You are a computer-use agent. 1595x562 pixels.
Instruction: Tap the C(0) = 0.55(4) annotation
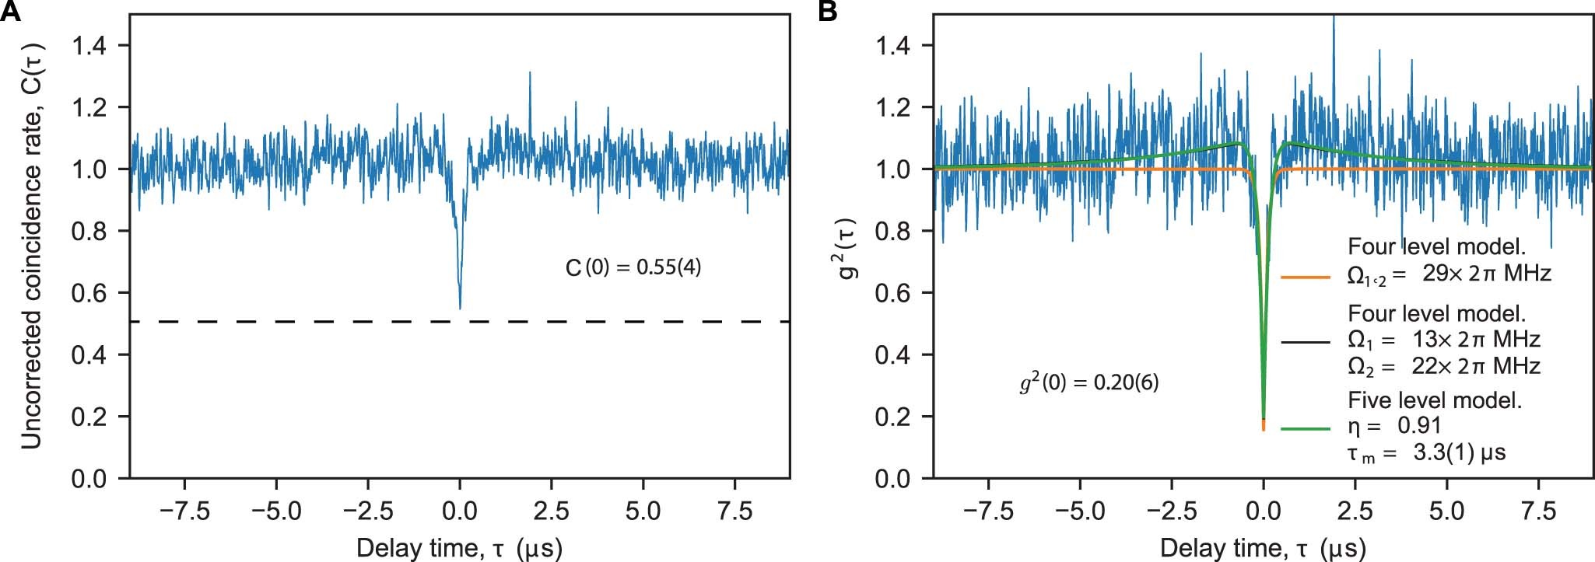[x=633, y=268]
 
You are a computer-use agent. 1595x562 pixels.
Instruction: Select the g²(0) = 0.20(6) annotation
[x=1088, y=383]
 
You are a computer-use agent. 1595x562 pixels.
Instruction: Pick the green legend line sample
[x=1305, y=428]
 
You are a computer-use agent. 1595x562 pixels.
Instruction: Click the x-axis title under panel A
[x=459, y=548]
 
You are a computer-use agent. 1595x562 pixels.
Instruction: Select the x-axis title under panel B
[x=1263, y=548]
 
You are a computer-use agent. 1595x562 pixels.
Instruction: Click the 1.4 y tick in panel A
[x=90, y=47]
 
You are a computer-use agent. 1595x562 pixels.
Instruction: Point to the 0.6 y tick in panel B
[x=894, y=293]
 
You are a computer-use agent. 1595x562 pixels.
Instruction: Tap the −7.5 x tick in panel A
[x=184, y=511]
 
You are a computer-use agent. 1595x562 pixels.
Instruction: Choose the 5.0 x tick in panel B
[x=1446, y=511]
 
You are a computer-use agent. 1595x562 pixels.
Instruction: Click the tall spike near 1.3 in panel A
[x=530, y=75]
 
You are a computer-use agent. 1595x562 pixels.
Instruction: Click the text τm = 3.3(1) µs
[x=1426, y=452]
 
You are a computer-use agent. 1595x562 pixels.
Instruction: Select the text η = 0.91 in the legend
[x=1393, y=425]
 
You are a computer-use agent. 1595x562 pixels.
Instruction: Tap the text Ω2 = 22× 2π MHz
[x=1443, y=365]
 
